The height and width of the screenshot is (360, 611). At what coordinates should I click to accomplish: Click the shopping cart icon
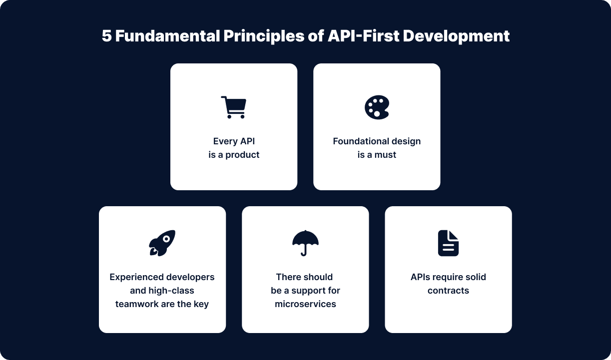(233, 107)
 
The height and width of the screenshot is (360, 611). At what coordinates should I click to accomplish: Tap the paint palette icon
(377, 107)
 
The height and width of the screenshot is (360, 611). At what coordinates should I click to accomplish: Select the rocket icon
(162, 243)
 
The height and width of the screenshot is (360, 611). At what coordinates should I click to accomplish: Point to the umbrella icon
(305, 243)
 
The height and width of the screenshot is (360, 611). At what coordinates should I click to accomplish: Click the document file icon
(448, 243)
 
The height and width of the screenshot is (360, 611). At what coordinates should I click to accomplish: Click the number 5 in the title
(107, 36)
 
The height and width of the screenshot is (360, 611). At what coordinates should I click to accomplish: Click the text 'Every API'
(234, 141)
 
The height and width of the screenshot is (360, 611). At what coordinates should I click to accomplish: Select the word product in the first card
(242, 155)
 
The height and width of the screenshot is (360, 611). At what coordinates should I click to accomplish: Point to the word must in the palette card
(385, 155)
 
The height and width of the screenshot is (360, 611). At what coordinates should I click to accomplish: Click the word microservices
(305, 304)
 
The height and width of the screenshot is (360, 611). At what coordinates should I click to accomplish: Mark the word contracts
(448, 291)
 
